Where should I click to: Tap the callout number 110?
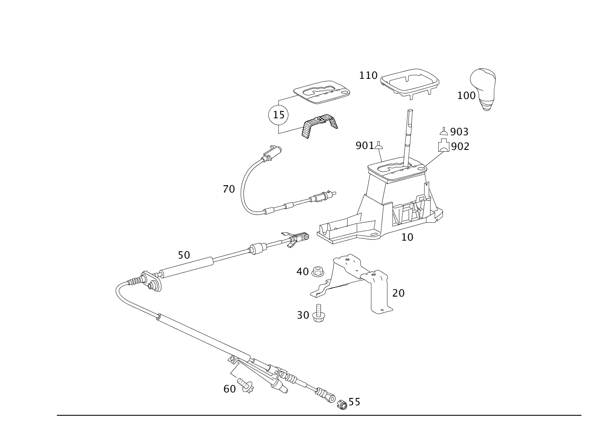368,75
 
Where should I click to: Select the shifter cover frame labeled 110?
409,83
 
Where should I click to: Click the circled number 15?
278,115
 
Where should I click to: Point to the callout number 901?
364,146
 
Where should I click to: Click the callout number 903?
459,132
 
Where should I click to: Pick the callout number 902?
460,146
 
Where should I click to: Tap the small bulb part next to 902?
443,147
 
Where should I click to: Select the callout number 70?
228,189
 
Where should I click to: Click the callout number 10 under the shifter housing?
407,237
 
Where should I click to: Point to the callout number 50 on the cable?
183,255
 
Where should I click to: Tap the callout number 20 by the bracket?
398,293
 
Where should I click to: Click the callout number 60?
229,389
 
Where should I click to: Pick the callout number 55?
354,402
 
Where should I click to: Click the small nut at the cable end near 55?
342,404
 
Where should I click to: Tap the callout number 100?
466,95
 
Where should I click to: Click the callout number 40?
303,271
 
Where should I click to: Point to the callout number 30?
303,315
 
